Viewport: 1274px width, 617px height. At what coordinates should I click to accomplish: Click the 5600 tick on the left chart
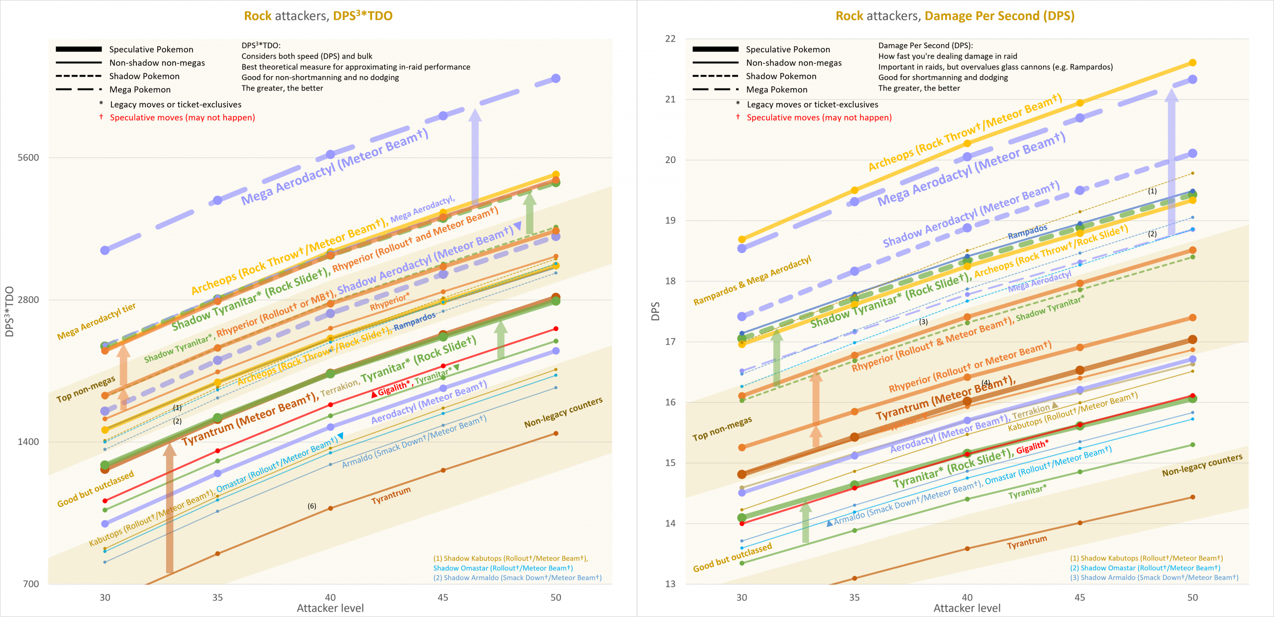28,158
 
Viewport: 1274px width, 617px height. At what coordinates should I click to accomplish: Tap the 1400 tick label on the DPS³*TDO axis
28,441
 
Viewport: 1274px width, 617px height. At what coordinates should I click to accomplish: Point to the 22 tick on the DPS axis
670,39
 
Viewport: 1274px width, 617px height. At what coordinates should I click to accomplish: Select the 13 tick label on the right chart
670,584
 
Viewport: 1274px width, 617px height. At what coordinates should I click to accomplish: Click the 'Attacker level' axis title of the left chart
330,608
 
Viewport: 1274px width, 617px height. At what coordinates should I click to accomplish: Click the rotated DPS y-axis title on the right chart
655,311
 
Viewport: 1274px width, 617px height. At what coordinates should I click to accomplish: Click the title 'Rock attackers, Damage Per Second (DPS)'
955,16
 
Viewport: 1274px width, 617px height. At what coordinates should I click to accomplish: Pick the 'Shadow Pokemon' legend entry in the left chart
144,76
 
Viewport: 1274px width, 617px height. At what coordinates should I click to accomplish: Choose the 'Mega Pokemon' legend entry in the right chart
776,89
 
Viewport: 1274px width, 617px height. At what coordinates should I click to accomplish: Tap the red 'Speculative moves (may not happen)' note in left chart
182,117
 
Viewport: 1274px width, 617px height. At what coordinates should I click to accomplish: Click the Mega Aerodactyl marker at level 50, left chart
556,79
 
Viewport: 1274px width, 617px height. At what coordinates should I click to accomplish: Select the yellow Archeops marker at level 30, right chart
742,239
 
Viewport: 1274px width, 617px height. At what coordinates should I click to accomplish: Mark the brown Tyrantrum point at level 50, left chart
556,434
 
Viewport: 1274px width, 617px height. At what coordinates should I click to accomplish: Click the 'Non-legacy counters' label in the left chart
563,412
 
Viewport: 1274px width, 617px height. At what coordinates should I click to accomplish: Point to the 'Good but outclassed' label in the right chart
732,557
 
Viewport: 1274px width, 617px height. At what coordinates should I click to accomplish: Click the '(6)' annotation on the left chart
312,506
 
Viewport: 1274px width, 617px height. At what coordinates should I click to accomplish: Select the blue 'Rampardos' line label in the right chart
1027,231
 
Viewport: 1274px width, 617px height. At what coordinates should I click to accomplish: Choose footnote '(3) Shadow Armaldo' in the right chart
1154,577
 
